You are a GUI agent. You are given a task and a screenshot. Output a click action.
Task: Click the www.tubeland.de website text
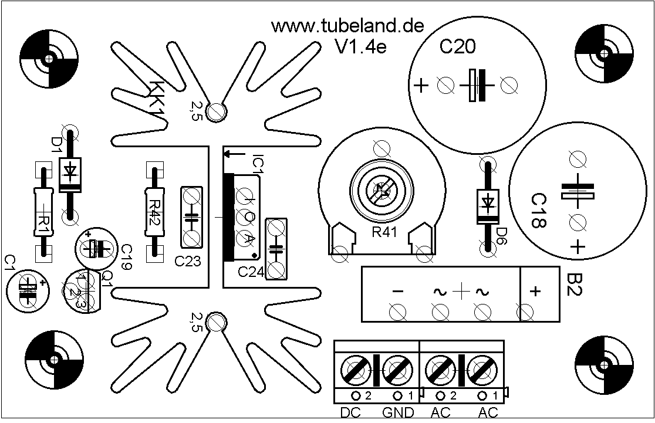[347, 26]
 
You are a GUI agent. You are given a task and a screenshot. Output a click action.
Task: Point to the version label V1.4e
[360, 47]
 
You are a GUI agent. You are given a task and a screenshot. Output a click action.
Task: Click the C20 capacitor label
[458, 48]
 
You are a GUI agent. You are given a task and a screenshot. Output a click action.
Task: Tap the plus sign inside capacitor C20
[421, 86]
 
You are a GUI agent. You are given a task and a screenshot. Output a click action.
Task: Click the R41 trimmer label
[385, 232]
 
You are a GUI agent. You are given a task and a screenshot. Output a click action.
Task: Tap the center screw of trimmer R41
[381, 190]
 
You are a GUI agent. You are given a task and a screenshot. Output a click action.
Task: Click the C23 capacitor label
[188, 262]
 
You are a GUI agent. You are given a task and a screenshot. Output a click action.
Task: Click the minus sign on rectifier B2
[397, 292]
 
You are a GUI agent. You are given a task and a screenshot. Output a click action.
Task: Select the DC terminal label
[351, 413]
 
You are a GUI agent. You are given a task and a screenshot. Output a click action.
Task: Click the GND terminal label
[398, 413]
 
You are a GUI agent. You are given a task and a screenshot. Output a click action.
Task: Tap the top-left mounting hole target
[49, 59]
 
